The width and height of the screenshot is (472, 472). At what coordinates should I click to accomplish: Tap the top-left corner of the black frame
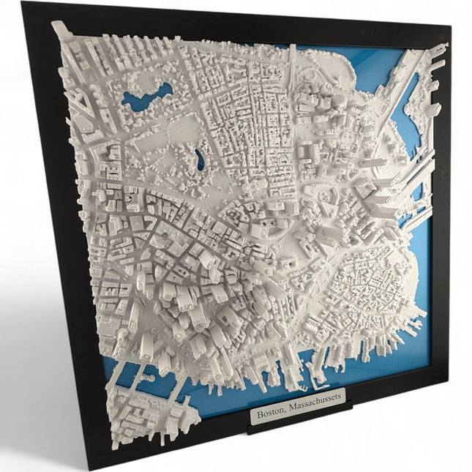coord(23,4)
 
